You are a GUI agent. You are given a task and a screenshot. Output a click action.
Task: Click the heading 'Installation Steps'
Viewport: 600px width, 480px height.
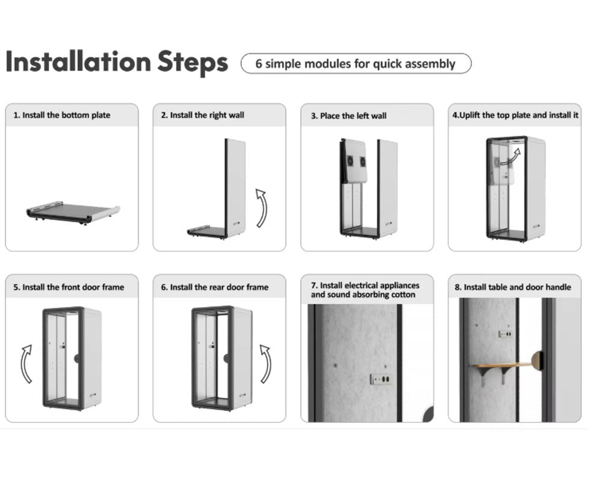tap(117, 62)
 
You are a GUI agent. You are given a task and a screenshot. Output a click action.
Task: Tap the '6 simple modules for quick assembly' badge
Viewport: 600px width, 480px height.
tap(356, 64)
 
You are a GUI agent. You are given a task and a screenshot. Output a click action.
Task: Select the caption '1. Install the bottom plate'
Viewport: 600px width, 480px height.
tap(62, 115)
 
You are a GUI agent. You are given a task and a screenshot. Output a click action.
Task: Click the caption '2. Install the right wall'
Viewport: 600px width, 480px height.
tap(202, 115)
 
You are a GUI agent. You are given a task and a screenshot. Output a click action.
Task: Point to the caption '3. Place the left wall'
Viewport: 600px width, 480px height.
tap(349, 116)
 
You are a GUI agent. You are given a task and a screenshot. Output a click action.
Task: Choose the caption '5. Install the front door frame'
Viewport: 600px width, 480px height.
tap(69, 287)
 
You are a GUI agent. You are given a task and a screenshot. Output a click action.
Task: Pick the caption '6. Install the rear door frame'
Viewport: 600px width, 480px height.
tap(215, 287)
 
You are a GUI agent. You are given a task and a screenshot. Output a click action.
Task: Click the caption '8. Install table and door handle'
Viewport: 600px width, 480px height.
tap(513, 287)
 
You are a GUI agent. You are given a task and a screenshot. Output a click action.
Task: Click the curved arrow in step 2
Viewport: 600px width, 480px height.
tap(262, 208)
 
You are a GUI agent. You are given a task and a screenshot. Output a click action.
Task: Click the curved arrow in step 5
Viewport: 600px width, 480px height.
tap(26, 364)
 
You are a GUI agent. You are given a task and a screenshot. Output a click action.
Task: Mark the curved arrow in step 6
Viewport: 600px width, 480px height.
tap(266, 364)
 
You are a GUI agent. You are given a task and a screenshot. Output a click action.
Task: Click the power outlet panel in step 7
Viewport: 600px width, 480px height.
tap(381, 379)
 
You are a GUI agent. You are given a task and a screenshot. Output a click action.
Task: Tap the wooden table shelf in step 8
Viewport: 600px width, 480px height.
tap(501, 365)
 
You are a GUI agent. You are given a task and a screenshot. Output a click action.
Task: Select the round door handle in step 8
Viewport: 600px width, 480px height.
tap(538, 361)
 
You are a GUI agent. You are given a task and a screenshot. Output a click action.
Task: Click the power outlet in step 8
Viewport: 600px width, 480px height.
tap(506, 334)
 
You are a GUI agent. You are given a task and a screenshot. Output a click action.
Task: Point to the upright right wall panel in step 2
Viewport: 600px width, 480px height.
tap(235, 188)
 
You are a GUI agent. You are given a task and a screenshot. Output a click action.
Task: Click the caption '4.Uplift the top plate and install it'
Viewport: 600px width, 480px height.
tap(515, 115)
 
